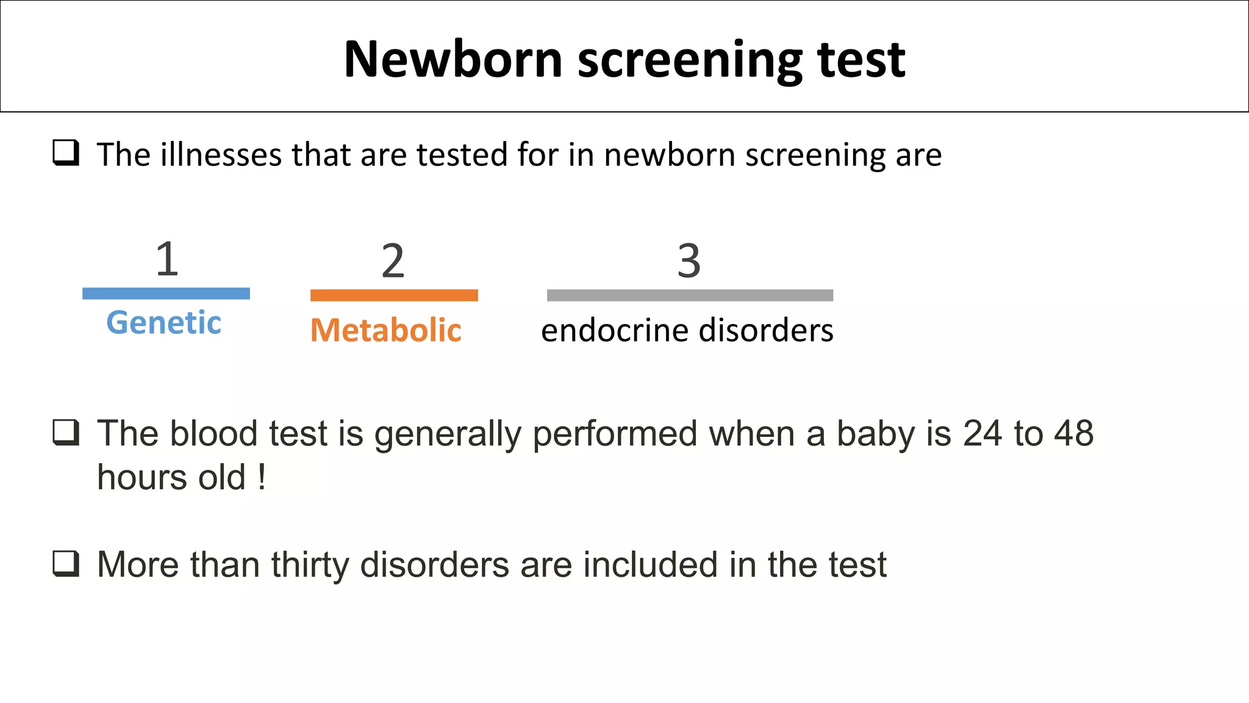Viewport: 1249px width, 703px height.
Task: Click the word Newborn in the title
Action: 453,59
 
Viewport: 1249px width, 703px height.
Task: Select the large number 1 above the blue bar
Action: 166,259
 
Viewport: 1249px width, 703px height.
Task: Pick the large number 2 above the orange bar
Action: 393,261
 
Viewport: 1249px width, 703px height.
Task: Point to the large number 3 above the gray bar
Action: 689,261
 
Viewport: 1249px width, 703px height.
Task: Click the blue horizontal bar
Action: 166,294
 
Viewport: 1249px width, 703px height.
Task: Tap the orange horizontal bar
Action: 394,295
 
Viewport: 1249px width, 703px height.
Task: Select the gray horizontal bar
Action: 690,295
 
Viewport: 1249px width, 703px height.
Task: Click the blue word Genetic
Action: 163,322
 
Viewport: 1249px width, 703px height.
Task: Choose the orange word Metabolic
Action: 385,330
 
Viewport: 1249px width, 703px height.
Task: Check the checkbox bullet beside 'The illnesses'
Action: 66,153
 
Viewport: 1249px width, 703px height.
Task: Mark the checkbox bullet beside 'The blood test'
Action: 66,432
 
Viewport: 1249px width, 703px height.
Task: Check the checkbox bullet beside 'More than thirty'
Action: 66,563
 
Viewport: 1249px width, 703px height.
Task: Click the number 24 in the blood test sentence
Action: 982,434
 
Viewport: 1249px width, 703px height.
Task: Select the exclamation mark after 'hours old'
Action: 262,477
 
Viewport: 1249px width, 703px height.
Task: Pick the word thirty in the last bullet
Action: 310,564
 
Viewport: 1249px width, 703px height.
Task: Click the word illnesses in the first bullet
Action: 221,154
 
